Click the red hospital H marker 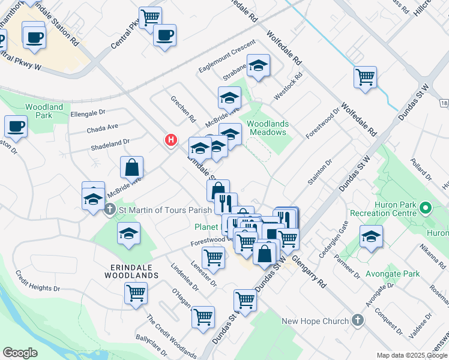(x=171, y=140)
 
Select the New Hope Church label (x=315, y=321)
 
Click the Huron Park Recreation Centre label (x=395, y=209)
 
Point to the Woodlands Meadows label (x=268, y=128)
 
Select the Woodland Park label (x=44, y=111)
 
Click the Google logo (x=20, y=352)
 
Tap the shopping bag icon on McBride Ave (x=131, y=168)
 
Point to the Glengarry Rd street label (x=309, y=274)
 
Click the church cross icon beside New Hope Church (x=358, y=320)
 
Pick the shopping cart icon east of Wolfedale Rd (x=365, y=77)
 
